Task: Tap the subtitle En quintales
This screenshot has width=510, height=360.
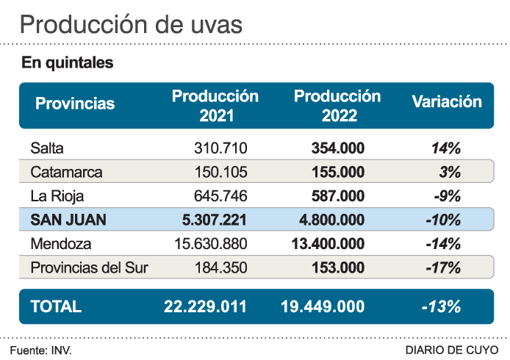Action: pyautogui.click(x=68, y=63)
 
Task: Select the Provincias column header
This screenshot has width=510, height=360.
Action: pyautogui.click(x=75, y=104)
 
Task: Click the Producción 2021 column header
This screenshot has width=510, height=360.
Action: pyautogui.click(x=215, y=105)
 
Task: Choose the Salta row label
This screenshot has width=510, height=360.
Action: pyautogui.click(x=47, y=148)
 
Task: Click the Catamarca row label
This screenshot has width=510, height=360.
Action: pyautogui.click(x=66, y=172)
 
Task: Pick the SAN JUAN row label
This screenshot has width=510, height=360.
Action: pyautogui.click(x=68, y=220)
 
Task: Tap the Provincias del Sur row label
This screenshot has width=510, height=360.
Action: pyautogui.click(x=89, y=267)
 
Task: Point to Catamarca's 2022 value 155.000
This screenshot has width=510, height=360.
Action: pyautogui.click(x=337, y=172)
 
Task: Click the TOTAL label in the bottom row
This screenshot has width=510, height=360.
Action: pyautogui.click(x=56, y=306)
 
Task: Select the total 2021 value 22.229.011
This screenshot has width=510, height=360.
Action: pyautogui.click(x=205, y=306)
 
